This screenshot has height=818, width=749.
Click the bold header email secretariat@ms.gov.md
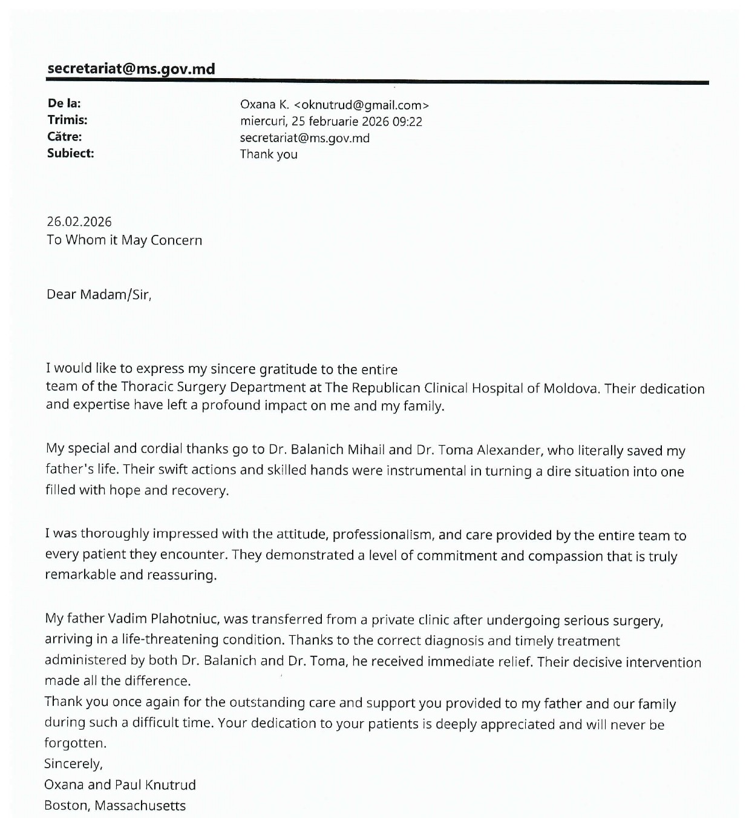pos(131,68)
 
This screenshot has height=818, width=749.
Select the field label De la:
pos(64,104)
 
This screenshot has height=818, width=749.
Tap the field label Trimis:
pos(67,120)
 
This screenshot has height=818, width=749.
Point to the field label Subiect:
pos(71,153)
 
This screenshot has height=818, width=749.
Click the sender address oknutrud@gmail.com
pos(361,105)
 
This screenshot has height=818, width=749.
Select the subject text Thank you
pos(269,154)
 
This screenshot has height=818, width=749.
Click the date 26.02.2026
pos(79,222)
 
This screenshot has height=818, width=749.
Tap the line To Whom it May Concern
pos(124,240)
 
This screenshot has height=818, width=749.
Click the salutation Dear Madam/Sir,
pos(99,295)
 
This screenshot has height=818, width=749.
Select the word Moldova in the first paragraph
pos(572,388)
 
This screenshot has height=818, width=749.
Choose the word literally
pos(606,450)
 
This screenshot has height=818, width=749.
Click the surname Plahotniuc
pos(186,619)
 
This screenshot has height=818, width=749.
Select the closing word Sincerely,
pos(73,764)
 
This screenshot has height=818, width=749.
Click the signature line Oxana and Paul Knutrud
pos(120,785)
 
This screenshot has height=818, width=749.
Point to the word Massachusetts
pos(140,806)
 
